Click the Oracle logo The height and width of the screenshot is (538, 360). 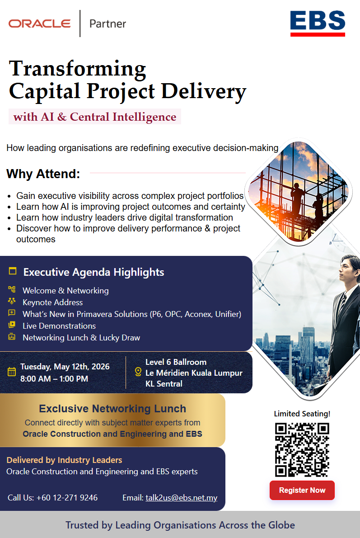pyautogui.click(x=40, y=24)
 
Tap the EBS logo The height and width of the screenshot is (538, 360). pyautogui.click(x=318, y=23)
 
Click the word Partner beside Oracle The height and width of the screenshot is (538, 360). pyautogui.click(x=108, y=24)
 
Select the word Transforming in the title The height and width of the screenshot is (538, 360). pyautogui.click(x=78, y=68)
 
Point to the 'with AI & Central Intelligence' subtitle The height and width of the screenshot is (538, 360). pyautogui.click(x=95, y=117)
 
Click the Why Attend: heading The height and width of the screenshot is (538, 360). pyautogui.click(x=43, y=174)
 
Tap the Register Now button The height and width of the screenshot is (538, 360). pyautogui.click(x=302, y=490)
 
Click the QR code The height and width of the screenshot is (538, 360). pyautogui.click(x=302, y=449)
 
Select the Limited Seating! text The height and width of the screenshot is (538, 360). pyautogui.click(x=302, y=414)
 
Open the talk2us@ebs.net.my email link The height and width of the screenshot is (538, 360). pyautogui.click(x=181, y=498)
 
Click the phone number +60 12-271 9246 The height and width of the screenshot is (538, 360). pyautogui.click(x=67, y=498)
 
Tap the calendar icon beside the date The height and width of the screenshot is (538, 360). pyautogui.click(x=12, y=372)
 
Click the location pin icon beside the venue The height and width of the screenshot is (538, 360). pyautogui.click(x=138, y=372)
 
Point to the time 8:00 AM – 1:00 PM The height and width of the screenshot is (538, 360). pyautogui.click(x=54, y=379)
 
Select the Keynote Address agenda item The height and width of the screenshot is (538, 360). pyautogui.click(x=53, y=302)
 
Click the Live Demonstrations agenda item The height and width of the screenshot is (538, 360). pyautogui.click(x=59, y=326)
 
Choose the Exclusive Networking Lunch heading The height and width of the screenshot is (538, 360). pyautogui.click(x=112, y=409)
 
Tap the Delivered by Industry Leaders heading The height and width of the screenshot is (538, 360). pyautogui.click(x=64, y=460)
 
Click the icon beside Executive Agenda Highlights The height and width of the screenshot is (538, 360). pyautogui.click(x=13, y=271)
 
